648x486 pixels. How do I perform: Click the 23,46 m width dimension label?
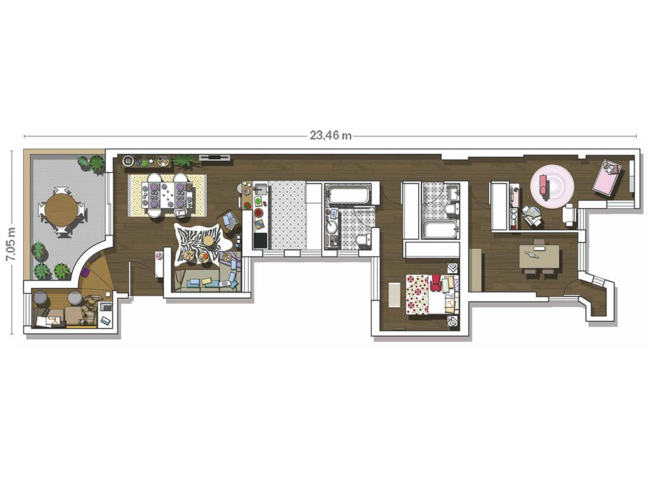tap(330, 135)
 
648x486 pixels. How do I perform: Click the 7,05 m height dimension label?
tap(11, 244)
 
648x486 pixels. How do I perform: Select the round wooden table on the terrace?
tap(61, 209)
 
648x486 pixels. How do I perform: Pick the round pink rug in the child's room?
tap(552, 185)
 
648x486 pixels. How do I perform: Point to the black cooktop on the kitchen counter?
tap(260, 240)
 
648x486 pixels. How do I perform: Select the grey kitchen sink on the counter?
tap(261, 190)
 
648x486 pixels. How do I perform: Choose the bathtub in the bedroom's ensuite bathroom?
tap(440, 229)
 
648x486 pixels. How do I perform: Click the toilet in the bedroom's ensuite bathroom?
tap(453, 209)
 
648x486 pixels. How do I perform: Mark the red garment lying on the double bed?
tap(435, 283)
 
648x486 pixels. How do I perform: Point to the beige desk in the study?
tap(539, 257)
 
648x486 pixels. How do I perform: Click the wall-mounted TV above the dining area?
tap(214, 158)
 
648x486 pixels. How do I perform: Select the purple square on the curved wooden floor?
tap(87, 272)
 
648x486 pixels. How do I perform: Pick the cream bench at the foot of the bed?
tap(394, 295)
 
